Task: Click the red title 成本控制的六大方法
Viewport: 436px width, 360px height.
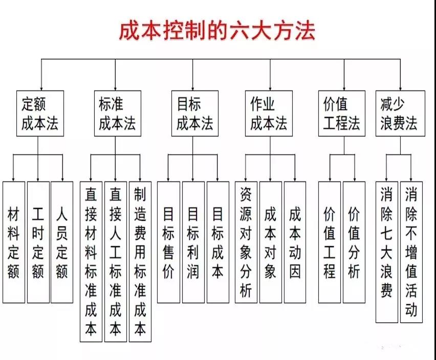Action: (x=217, y=30)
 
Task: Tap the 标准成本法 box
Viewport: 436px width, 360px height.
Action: (x=117, y=113)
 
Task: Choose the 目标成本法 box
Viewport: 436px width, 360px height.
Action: (x=194, y=113)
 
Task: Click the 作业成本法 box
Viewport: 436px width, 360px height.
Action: (x=269, y=113)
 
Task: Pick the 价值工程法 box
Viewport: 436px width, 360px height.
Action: (x=342, y=113)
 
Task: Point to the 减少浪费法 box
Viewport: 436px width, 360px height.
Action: (x=399, y=113)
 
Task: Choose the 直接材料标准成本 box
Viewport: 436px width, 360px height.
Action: (x=91, y=261)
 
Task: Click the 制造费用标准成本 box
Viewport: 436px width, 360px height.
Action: (x=140, y=261)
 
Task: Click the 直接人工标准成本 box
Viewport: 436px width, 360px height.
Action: (x=116, y=261)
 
